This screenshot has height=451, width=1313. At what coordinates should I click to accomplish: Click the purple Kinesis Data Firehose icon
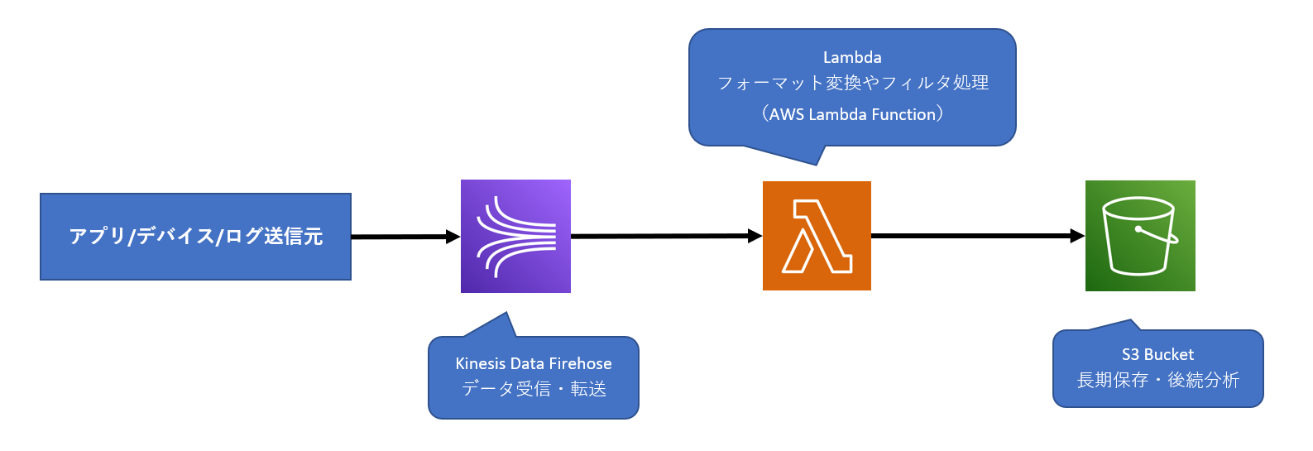[x=515, y=236]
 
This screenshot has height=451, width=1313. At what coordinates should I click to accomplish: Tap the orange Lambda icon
[x=817, y=236]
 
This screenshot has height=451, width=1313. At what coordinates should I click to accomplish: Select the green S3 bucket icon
[x=1140, y=236]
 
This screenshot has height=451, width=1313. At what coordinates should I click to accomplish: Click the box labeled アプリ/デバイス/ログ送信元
[x=195, y=237]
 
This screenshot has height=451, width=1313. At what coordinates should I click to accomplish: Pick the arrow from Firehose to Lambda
[x=662, y=236]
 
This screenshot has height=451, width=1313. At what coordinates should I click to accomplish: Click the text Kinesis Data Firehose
[x=534, y=363]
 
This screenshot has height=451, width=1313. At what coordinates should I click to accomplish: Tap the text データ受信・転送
[x=534, y=388]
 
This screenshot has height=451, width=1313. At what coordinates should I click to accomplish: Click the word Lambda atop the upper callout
[x=852, y=57]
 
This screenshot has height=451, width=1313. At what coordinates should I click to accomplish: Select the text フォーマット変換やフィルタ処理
[x=852, y=83]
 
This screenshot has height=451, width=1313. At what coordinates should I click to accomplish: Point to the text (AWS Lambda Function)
[x=852, y=114]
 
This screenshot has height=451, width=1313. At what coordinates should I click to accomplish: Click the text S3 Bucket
[x=1157, y=354]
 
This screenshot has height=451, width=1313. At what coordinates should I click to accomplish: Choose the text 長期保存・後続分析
[x=1157, y=380]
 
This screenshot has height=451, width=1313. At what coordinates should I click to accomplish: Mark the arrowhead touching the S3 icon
[x=1077, y=236]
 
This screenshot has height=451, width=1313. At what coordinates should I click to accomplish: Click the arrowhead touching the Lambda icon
[x=755, y=236]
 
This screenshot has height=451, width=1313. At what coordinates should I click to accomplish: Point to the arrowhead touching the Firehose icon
[x=453, y=237]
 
